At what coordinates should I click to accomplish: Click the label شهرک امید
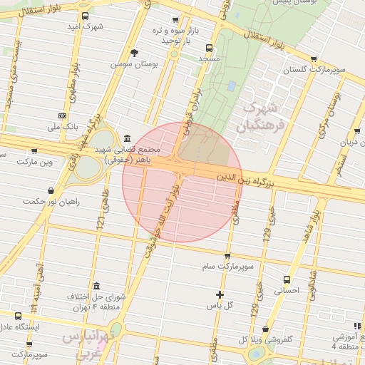tap(85, 26)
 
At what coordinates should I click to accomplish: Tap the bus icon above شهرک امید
tap(86, 16)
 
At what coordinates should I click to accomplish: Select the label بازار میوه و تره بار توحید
tap(168, 35)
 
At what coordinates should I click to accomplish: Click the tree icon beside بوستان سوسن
tap(134, 53)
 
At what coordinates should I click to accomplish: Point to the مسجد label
tap(208, 58)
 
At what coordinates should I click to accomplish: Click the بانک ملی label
tap(62, 126)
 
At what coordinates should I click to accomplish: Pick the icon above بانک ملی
tap(63, 115)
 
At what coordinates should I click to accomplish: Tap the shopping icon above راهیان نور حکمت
tap(50, 190)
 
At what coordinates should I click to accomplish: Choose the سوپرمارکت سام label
tap(227, 266)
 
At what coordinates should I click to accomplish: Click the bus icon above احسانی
tap(287, 279)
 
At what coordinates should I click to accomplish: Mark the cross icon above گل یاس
tap(220, 294)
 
